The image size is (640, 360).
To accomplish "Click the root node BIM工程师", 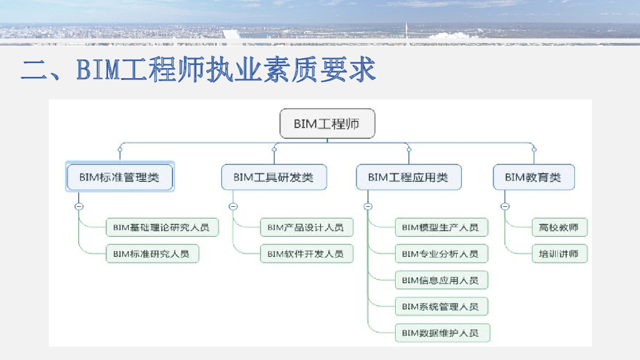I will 327,124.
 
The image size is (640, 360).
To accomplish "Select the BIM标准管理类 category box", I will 119,177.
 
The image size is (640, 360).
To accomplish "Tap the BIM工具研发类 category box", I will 274,177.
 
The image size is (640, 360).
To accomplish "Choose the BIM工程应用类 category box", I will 408,177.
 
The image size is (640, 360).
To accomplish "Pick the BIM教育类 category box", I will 533,177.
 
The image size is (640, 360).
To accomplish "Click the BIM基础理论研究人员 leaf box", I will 161,227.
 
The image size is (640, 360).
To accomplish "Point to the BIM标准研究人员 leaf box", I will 152,254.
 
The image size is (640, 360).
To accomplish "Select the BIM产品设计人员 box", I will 306,227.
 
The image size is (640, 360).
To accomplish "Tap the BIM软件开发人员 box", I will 306,254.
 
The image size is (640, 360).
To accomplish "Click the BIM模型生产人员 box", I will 441,227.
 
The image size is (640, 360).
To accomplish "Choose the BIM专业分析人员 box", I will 441,254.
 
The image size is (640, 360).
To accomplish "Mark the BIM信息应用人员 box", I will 441,281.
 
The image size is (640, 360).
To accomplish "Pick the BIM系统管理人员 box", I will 441,307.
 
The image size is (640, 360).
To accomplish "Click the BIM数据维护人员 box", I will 442,333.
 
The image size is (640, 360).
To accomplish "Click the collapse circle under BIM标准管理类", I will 79,206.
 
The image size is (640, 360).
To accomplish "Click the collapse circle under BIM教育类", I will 505,206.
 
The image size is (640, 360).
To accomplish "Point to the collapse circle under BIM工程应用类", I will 367,206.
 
